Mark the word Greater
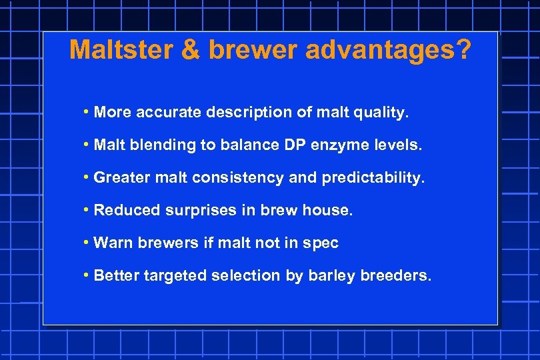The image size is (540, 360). pos(122,178)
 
